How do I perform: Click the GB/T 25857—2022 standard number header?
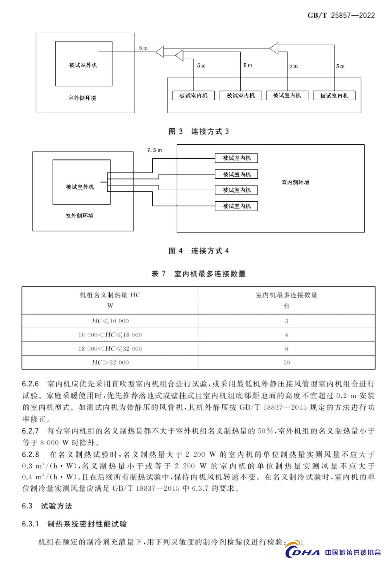click(341, 16)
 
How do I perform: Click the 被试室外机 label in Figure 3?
click(83, 65)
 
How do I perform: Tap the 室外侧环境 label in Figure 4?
click(79, 216)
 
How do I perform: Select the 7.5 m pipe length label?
click(155, 150)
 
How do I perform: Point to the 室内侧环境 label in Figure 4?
click(295, 182)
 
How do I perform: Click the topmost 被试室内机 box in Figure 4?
click(236, 158)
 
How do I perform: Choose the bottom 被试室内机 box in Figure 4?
click(236, 206)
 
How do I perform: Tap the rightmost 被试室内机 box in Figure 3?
click(334, 95)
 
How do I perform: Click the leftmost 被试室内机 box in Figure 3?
click(193, 95)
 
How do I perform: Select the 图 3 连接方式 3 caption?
click(199, 131)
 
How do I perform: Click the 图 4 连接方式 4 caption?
click(199, 251)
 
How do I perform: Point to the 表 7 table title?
click(198, 274)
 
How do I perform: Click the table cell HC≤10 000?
click(110, 321)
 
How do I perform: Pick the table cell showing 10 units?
click(286, 362)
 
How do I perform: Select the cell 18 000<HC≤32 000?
click(110, 349)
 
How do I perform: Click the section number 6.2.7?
click(30, 431)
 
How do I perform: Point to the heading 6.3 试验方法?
click(47, 506)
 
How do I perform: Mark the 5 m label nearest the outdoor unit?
click(143, 48)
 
